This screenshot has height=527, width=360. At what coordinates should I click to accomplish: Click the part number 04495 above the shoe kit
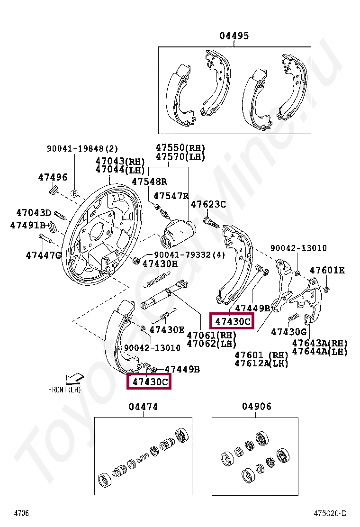click(234, 36)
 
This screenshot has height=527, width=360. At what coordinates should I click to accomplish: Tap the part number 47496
click(53, 177)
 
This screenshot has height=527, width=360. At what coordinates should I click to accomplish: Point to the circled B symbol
click(74, 193)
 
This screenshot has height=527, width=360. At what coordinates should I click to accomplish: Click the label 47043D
click(34, 213)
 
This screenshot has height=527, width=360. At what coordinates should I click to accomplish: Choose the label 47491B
click(27, 226)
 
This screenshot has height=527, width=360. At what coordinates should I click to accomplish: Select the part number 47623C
click(208, 204)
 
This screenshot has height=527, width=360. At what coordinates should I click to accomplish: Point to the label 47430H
click(160, 264)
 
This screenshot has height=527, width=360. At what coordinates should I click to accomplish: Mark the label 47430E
click(167, 329)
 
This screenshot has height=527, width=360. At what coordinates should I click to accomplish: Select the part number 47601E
click(327, 271)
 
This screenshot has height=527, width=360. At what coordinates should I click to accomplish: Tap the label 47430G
click(289, 332)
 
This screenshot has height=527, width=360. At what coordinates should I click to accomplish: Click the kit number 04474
click(143, 407)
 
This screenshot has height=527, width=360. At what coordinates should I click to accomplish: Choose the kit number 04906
click(257, 407)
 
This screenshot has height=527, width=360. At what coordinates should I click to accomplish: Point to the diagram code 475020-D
click(330, 513)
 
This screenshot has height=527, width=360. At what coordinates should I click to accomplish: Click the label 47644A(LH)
click(319, 351)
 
